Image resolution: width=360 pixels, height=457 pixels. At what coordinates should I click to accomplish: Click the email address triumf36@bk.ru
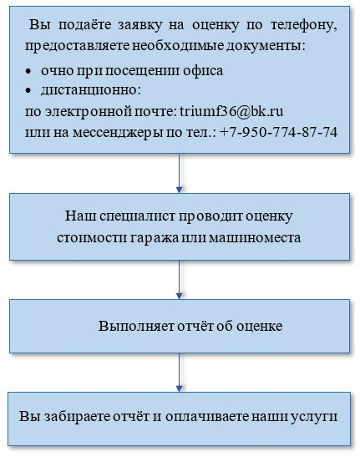[231, 112]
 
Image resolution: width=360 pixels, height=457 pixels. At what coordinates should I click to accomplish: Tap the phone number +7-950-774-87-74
[278, 132]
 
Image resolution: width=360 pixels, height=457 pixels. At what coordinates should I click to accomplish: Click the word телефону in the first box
[304, 26]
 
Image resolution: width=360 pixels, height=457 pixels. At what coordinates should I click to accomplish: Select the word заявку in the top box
[140, 26]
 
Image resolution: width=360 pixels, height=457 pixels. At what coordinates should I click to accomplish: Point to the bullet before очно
[28, 71]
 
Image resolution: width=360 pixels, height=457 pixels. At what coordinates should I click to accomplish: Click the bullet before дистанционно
[28, 90]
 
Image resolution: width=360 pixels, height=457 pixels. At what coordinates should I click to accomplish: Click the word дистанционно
[91, 90]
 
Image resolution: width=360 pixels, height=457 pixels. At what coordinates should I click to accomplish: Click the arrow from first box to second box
[180, 173]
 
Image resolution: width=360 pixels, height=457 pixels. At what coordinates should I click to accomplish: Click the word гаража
[154, 238]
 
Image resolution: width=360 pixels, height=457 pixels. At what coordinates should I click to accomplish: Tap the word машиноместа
[255, 238]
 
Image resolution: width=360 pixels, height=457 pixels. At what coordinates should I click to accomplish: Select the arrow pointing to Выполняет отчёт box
[180, 280]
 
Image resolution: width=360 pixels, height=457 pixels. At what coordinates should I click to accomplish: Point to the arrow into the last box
[180, 373]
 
